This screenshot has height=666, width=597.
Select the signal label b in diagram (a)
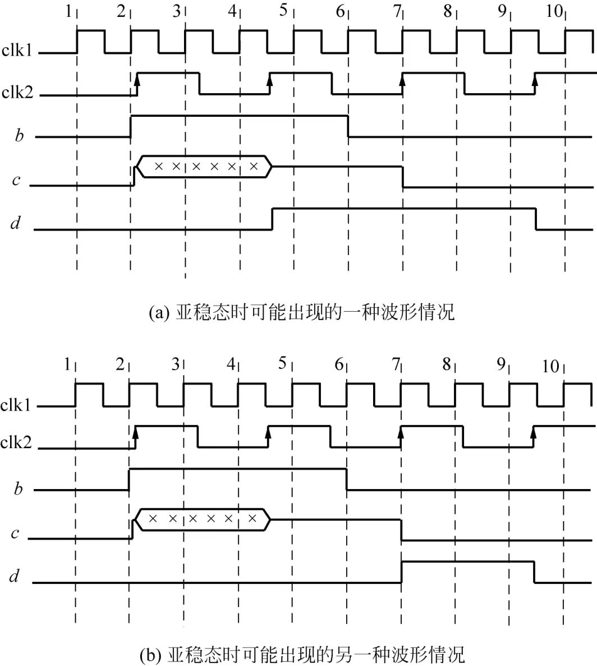pyautogui.click(x=20, y=136)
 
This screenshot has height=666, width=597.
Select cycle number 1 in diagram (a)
pyautogui.click(x=68, y=11)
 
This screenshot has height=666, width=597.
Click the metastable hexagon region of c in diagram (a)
pyautogui.click(x=205, y=166)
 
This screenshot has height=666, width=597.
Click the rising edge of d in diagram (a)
pyautogui.click(x=273, y=218)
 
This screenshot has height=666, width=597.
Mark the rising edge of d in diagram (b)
pyautogui.click(x=401, y=572)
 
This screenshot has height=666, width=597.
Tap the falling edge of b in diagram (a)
pyautogui.click(x=348, y=126)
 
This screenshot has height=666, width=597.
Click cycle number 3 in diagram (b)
pyautogui.click(x=176, y=364)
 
